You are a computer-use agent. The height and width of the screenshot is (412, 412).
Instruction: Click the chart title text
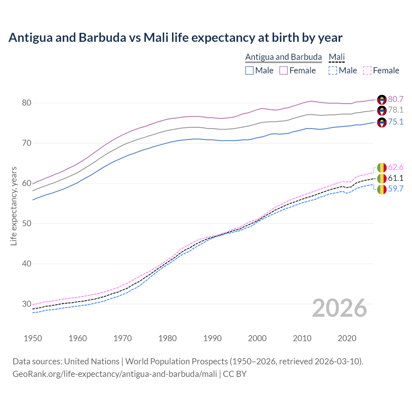[175, 38]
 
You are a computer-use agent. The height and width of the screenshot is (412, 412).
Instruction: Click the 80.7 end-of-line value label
[396, 99]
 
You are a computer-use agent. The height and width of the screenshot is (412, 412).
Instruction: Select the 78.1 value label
[396, 110]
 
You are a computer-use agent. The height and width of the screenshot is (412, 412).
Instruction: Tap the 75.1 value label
[396, 122]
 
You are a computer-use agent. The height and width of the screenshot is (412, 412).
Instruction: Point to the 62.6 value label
[396, 167]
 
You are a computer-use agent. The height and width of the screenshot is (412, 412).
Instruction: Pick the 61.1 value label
[396, 178]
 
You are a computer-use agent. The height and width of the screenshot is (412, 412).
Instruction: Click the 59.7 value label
[396, 189]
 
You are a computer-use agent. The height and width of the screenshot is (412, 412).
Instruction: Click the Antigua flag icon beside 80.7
[382, 99]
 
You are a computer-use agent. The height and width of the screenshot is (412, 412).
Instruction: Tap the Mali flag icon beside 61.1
[382, 178]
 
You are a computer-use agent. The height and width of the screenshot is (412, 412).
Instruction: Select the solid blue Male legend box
[249, 70]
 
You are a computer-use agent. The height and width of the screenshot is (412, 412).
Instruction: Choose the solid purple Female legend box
[284, 70]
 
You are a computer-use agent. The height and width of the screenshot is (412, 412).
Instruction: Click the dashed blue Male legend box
[333, 70]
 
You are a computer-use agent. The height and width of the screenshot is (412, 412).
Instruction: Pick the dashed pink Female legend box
[367, 70]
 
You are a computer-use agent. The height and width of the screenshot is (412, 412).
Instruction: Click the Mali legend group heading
[337, 57]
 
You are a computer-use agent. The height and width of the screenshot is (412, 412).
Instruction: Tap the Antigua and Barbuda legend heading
[283, 57]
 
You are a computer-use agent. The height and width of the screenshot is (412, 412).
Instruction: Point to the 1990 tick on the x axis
[212, 338]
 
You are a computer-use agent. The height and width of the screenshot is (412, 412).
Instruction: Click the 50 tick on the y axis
[27, 223]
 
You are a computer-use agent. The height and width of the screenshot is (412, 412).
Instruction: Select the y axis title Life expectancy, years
[14, 206]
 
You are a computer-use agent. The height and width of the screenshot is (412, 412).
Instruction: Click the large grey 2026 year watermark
[340, 308]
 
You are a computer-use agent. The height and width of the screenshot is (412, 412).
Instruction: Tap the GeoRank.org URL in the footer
[115, 374]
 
